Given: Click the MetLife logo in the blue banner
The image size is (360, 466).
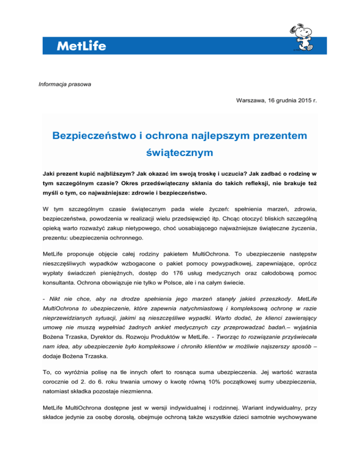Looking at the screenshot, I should pyautogui.click(x=81, y=46).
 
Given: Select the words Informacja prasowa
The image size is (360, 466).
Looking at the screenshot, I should pyautogui.click(x=58, y=84).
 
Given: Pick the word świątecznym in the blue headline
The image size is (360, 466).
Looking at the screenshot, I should pyautogui.click(x=180, y=153).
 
